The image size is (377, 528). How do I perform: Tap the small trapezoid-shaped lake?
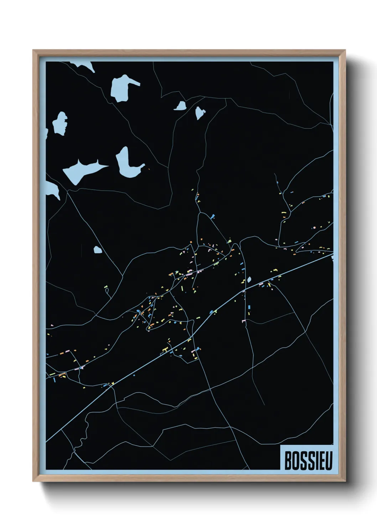[x=181, y=106]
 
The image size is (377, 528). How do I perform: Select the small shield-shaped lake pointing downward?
[x=200, y=112]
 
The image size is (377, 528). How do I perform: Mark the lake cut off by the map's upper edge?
[x=84, y=66]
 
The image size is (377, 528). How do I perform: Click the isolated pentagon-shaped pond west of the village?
[x=98, y=250]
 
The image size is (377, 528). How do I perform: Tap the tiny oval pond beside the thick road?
[x=249, y=279]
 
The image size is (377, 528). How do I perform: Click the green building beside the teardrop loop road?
[x=106, y=286]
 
